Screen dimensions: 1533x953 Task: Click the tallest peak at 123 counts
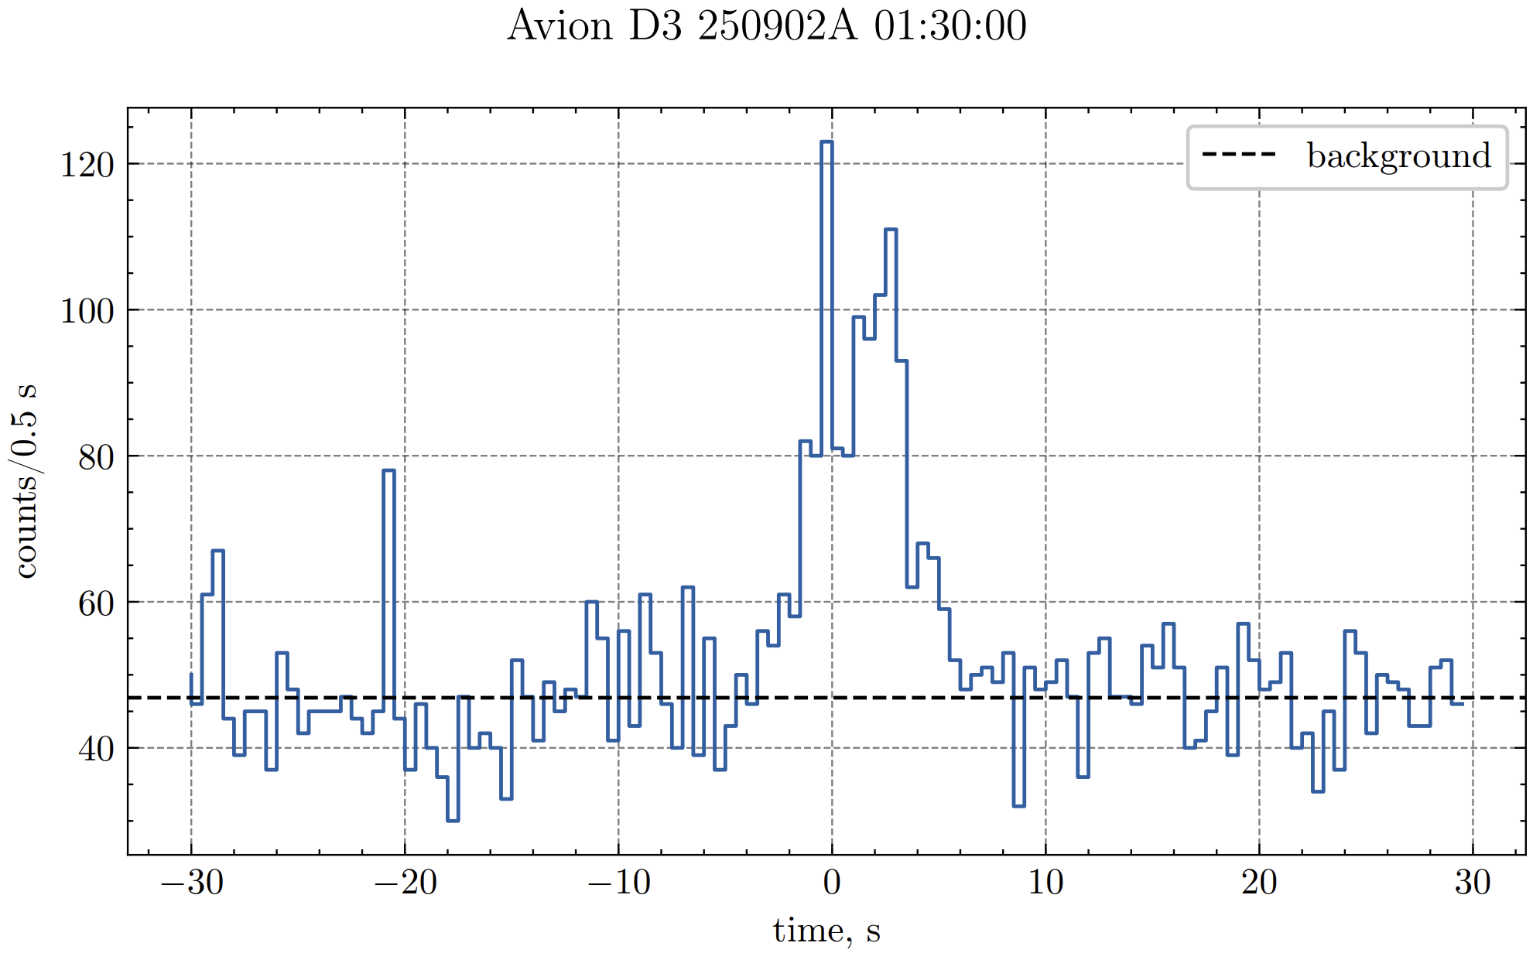(826, 142)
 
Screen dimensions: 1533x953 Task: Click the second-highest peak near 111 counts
(891, 230)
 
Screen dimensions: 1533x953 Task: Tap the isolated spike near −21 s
(388, 470)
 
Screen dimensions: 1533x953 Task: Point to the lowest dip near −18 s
(453, 820)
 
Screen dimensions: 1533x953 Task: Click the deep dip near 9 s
(1018, 805)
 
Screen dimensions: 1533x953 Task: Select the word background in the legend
(1399, 155)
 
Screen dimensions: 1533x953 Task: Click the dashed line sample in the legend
(1238, 155)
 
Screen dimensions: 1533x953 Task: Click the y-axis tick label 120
(87, 165)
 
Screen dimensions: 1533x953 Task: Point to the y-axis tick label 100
(87, 311)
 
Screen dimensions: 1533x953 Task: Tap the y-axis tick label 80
(96, 457)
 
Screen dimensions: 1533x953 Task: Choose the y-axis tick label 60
(96, 603)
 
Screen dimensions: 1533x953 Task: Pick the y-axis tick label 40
(96, 749)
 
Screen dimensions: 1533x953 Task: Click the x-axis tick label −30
(192, 882)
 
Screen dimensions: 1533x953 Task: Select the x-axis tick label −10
(619, 882)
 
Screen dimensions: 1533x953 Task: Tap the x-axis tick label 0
(832, 882)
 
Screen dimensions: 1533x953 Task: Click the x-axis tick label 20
(1259, 882)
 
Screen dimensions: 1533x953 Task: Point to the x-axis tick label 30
(1473, 882)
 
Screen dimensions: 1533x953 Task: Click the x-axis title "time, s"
(826, 930)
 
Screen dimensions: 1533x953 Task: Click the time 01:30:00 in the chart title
(950, 26)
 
